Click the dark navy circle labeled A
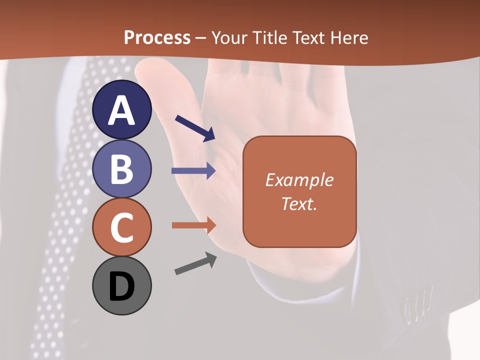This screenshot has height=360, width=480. pyautogui.click(x=122, y=109)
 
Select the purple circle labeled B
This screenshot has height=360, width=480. pyautogui.click(x=122, y=168)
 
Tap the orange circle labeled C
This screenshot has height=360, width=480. pyautogui.click(x=122, y=227)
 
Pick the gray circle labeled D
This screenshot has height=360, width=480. pyautogui.click(x=122, y=286)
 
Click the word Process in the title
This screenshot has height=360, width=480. pyautogui.click(x=157, y=37)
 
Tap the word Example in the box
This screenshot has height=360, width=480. pyautogui.click(x=299, y=180)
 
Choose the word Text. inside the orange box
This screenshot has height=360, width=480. pyautogui.click(x=299, y=203)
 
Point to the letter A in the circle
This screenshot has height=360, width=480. pyautogui.click(x=122, y=110)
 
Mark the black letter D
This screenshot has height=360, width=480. pyautogui.click(x=122, y=287)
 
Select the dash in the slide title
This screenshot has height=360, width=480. pyautogui.click(x=201, y=38)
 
